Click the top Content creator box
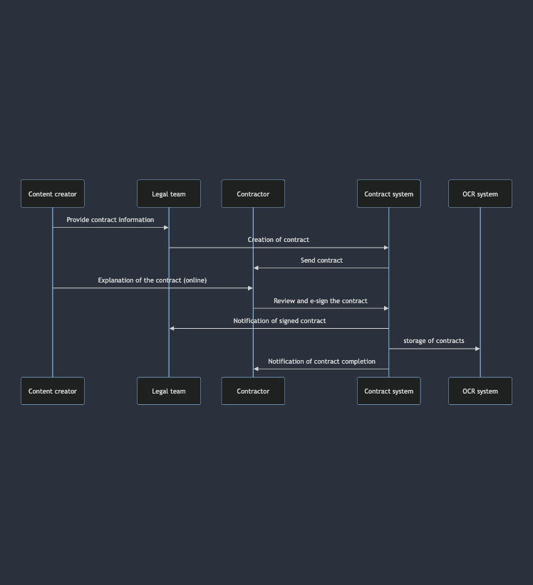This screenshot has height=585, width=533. coord(53,194)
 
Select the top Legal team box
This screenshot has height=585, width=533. coord(169,194)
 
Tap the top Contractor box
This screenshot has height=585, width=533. coord(253,194)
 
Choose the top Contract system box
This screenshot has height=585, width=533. coord(388,194)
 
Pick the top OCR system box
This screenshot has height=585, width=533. coord(480,194)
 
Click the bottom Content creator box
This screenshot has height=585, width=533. coord(53,391)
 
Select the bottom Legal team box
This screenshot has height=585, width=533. coord(169,391)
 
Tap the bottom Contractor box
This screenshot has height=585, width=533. coord(253,391)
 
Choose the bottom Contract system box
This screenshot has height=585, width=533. coord(388,391)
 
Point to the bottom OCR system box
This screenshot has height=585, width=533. coord(480,391)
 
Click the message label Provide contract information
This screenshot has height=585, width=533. coord(110,220)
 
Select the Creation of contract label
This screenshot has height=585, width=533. coord(279,240)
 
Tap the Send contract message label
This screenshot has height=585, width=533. coord(321,260)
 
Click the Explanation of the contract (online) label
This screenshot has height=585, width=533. coord(152,280)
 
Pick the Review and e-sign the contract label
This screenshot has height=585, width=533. coord(321,301)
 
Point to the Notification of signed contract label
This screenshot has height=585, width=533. coord(279,321)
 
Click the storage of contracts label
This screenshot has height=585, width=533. coord(434,341)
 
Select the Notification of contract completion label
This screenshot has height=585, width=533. coord(321,362)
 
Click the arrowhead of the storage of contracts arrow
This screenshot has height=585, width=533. coord(477,349)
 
